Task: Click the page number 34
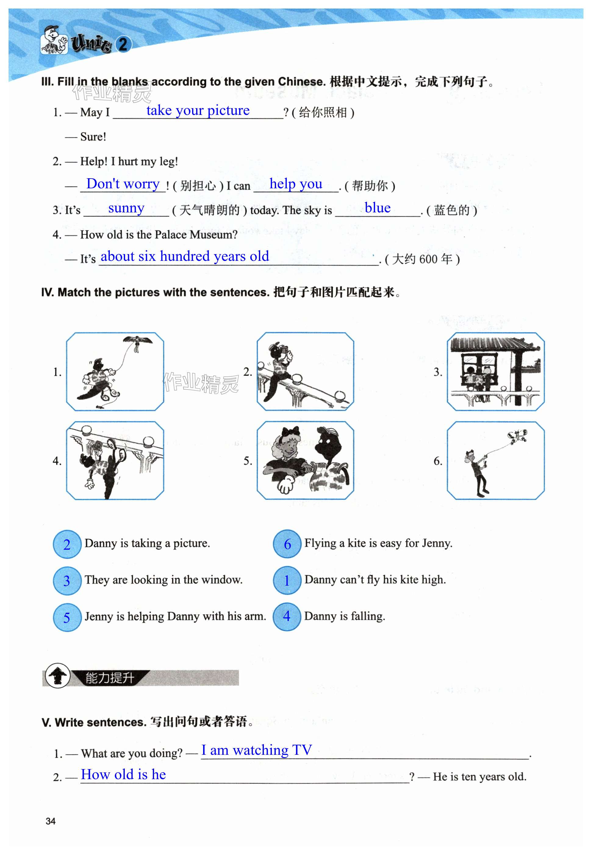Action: pos(50,821)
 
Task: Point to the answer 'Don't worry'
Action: pos(123,183)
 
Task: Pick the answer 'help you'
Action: pos(296,183)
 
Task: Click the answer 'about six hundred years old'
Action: pos(185,256)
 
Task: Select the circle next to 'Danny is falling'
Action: pos(287,616)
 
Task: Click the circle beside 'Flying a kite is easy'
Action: pos(287,544)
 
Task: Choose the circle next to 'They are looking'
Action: pos(67,580)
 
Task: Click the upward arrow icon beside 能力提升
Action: pos(57,675)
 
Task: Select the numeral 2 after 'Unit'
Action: pos(123,45)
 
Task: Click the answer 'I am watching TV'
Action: pos(256,750)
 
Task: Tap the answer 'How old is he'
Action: pos(123,774)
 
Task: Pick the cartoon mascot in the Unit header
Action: pos(54,40)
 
